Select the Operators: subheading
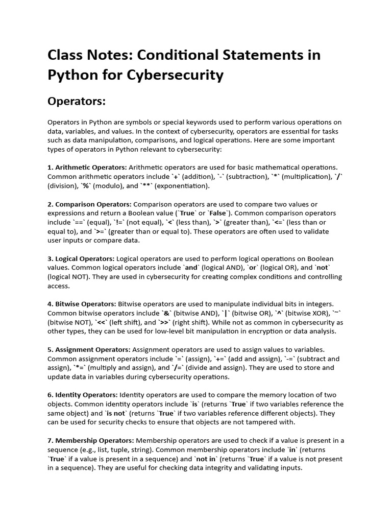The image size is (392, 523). tap(77, 102)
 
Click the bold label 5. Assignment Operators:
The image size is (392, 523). tap(89, 349)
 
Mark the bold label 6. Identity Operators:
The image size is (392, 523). tap(83, 395)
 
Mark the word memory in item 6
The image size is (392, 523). tap(260, 395)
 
